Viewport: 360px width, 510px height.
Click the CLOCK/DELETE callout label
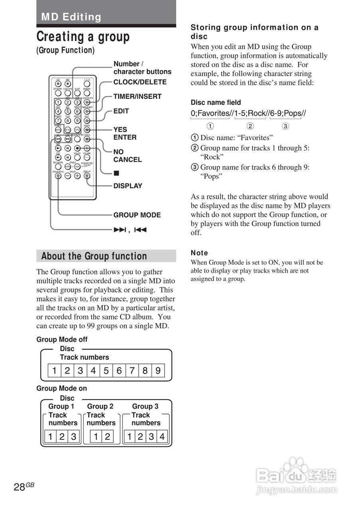(x=140, y=82)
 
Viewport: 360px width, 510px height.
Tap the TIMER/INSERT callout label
(x=138, y=96)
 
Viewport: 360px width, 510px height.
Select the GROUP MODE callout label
(x=137, y=215)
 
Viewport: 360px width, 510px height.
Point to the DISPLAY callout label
(x=128, y=186)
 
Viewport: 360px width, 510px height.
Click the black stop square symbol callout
(x=116, y=173)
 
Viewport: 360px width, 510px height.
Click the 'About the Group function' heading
(x=94, y=256)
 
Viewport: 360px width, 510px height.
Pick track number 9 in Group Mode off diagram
(x=158, y=371)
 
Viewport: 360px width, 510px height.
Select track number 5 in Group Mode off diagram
(x=106, y=371)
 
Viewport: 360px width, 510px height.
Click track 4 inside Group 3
(x=162, y=437)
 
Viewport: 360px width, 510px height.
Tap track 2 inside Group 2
(x=107, y=437)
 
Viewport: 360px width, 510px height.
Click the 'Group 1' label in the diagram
(x=61, y=406)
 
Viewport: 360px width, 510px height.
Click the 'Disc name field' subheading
(x=216, y=102)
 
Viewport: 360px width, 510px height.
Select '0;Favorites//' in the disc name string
(x=210, y=114)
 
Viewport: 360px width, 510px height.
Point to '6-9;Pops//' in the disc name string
(x=288, y=114)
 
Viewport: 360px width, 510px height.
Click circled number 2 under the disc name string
(x=250, y=127)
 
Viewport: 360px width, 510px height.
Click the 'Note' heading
(x=199, y=253)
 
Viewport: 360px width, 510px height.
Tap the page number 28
(x=19, y=487)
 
